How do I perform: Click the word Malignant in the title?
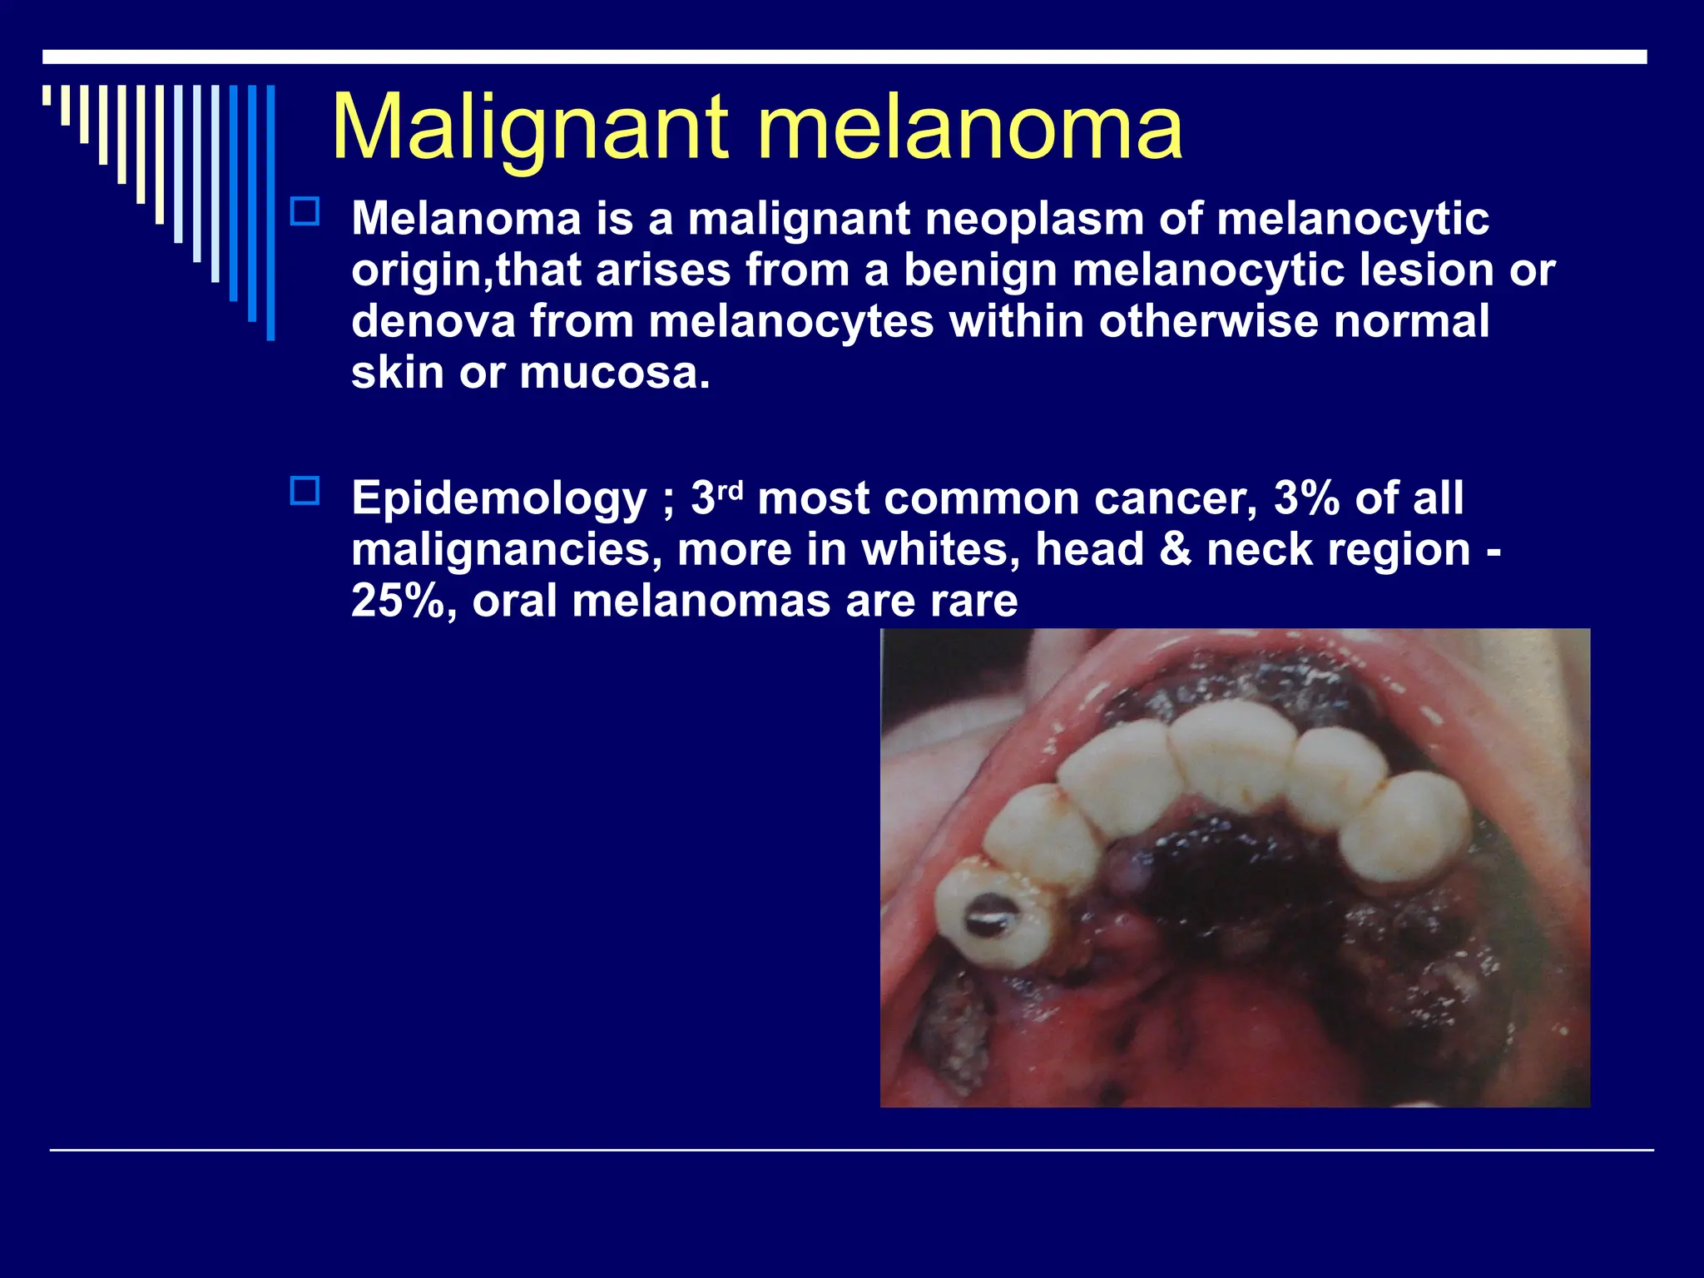click(531, 129)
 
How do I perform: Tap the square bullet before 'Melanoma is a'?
click(305, 212)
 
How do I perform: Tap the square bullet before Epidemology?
click(305, 491)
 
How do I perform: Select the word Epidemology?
click(498, 499)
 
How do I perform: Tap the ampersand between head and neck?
click(1175, 550)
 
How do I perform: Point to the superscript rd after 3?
click(730, 490)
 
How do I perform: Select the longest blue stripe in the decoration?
click(270, 212)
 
